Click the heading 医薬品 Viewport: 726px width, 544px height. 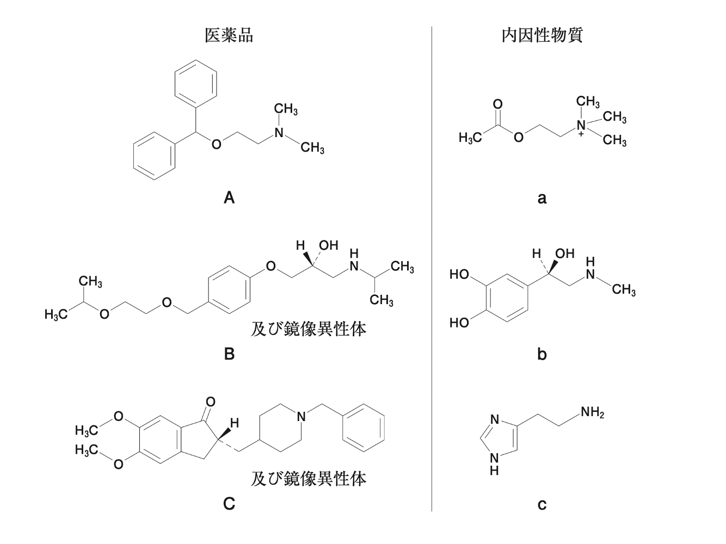pos(229,36)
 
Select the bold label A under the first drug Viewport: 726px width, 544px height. pos(229,197)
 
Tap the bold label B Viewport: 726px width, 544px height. pos(229,354)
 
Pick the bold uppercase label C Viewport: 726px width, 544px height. pos(229,504)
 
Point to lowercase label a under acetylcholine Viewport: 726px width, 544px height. pos(542,198)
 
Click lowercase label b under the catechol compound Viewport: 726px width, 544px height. pos(542,355)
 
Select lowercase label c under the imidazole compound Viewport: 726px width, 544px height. pos(542,505)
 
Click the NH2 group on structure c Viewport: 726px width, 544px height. pos(592,413)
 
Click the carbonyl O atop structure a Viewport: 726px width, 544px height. pos(497,104)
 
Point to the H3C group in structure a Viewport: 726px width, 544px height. pos(470,139)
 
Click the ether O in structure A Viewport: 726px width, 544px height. pos(217,144)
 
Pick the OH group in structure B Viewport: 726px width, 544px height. pos(328,245)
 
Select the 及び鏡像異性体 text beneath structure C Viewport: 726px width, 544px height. pos(308,479)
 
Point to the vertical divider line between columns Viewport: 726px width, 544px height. pos(432,272)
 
